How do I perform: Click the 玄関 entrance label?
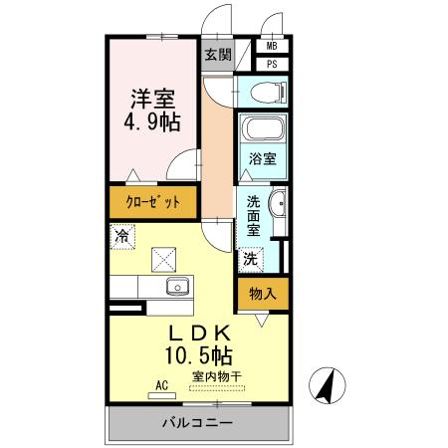[217, 55]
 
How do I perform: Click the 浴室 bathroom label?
[261, 158]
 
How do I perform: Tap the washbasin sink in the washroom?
[278, 205]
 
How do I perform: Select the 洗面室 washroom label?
[254, 213]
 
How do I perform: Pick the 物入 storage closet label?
[262, 294]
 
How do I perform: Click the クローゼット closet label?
[152, 203]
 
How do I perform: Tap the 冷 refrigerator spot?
[121, 237]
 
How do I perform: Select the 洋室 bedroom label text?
[153, 99]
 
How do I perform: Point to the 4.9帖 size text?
[153, 124]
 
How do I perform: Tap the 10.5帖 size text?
[199, 354]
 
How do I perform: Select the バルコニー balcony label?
[198, 423]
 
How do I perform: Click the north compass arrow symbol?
[329, 386]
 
